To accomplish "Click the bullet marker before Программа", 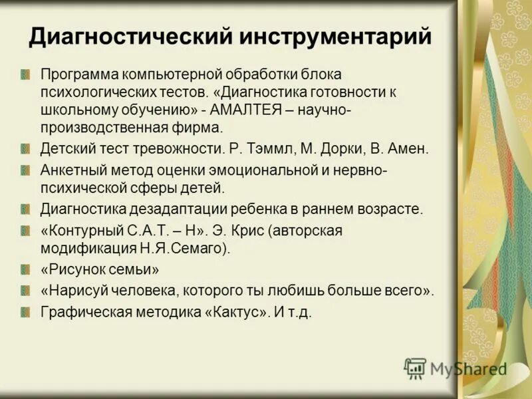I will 25,73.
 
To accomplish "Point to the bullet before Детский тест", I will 25,148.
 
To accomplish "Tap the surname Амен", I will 410,148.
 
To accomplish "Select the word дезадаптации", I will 182,209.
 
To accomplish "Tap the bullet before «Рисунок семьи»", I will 25,270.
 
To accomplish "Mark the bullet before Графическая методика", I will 25,311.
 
